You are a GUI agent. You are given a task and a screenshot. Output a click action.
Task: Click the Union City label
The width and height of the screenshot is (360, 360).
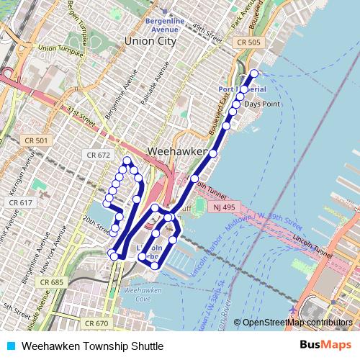(150, 42)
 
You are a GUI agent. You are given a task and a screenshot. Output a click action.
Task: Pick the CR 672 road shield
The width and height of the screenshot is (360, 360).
(98, 155)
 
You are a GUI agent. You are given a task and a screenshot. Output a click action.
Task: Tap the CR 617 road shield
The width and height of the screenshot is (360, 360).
(21, 203)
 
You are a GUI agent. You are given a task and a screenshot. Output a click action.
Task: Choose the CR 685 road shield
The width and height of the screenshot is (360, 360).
(53, 282)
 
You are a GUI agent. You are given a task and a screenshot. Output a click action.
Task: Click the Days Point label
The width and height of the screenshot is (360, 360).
(261, 104)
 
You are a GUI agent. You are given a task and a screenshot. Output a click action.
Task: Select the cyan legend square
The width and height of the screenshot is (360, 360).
(9, 346)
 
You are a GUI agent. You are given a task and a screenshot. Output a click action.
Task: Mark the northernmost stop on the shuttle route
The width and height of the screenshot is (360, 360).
(253, 73)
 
